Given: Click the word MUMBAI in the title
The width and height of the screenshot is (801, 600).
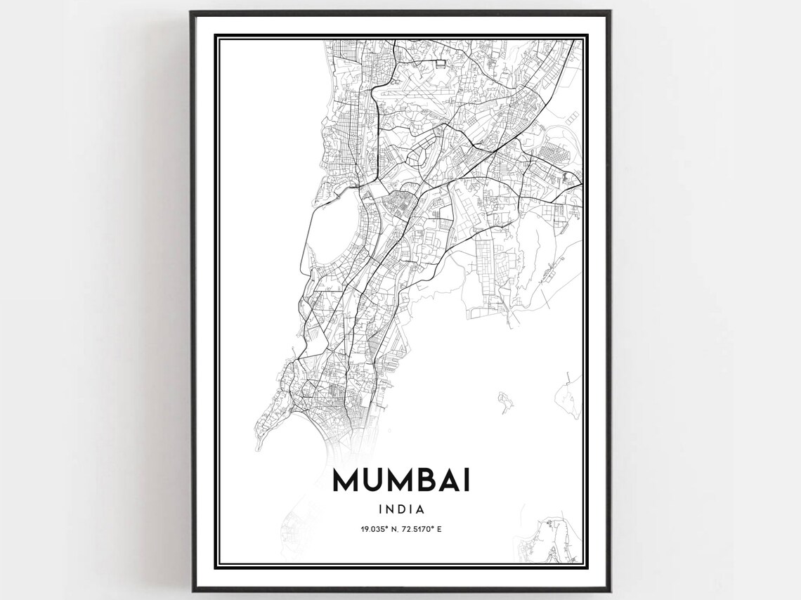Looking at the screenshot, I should coord(401,481).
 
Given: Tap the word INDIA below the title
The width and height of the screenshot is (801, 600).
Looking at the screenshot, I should coord(401,509).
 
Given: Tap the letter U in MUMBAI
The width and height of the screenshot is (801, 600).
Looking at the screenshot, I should coord(373,481).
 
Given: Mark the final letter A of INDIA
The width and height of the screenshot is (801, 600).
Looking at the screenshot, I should coord(420,509).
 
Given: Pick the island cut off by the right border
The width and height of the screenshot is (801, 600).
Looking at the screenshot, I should coord(569,393).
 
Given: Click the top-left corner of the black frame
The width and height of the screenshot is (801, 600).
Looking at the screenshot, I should coord(193,13).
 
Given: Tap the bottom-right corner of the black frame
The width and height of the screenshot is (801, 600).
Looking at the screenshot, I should coord(609,589).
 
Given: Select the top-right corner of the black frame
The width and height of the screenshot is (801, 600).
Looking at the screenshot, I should coord(609,13).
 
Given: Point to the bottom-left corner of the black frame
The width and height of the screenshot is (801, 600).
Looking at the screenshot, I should coord(193,589).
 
